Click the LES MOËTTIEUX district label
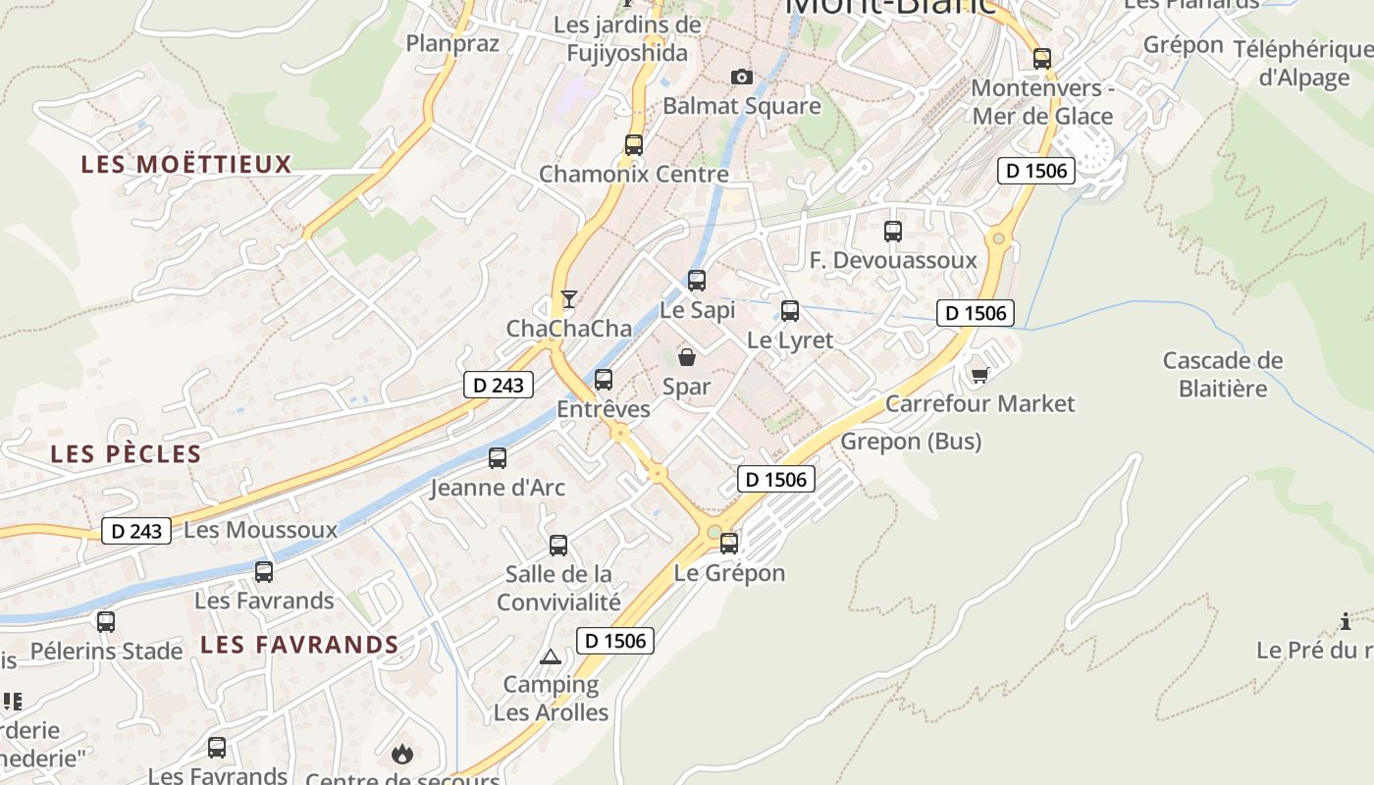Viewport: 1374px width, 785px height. tap(186, 164)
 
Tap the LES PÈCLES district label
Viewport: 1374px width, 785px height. tap(126, 454)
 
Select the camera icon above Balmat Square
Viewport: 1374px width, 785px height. tap(742, 77)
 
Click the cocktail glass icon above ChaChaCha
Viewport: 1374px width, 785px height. tap(568, 298)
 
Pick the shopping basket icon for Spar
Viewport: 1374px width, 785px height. tap(687, 357)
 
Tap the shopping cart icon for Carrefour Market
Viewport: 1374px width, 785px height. tap(978, 374)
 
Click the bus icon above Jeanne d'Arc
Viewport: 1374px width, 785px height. tap(498, 457)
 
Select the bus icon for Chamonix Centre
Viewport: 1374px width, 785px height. tap(634, 145)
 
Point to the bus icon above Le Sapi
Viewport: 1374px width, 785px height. tap(697, 281)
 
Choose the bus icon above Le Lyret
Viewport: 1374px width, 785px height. tap(790, 311)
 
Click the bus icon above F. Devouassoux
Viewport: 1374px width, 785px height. tap(893, 232)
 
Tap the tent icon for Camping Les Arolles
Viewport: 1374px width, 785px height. tap(550, 655)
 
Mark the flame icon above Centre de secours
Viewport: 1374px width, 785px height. tap(401, 753)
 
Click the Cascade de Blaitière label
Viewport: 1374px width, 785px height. tap(1223, 374)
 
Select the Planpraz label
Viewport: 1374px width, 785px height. tap(452, 43)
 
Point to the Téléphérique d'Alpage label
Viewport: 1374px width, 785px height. tap(1304, 63)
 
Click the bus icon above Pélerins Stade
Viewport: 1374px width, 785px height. tap(106, 621)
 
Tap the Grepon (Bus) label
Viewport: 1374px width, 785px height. tap(911, 442)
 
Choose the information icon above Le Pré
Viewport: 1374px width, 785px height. tap(1346, 621)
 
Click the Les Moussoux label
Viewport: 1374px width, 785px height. tap(261, 530)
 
